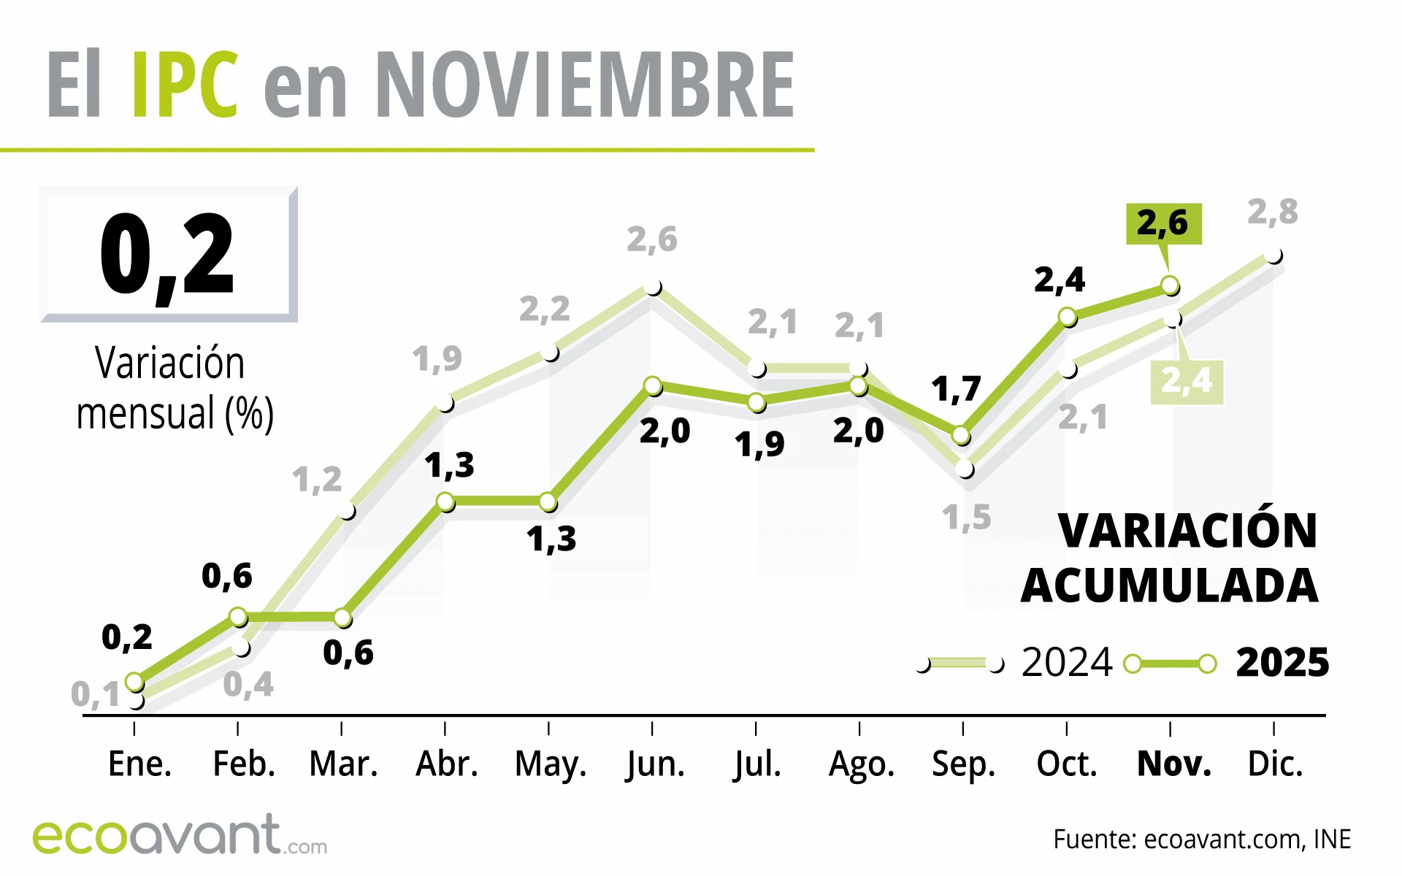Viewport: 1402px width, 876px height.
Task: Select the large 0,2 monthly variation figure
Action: (x=167, y=254)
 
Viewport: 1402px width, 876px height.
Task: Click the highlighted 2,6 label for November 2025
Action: (x=1162, y=223)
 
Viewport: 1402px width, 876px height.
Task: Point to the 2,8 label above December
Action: (x=1272, y=212)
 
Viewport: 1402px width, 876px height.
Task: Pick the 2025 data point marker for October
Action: (x=1067, y=317)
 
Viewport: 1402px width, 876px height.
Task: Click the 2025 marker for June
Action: (x=653, y=385)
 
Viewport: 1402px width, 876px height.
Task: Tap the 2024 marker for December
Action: (x=1273, y=256)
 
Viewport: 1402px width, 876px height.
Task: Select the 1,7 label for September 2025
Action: (x=956, y=389)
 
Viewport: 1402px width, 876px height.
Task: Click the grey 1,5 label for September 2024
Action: (x=966, y=518)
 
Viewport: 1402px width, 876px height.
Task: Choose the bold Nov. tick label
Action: (x=1173, y=764)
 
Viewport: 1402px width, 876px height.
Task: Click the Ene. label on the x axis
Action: (x=139, y=764)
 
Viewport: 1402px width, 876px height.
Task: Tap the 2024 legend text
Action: (x=1066, y=663)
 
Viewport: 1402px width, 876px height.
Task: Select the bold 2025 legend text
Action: (x=1282, y=663)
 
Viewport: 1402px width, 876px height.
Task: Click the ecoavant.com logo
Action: (x=179, y=836)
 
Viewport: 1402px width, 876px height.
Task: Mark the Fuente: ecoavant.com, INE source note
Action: (x=1201, y=839)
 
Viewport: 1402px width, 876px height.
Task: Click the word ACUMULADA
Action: (x=1169, y=585)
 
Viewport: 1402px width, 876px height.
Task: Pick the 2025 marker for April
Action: (x=445, y=502)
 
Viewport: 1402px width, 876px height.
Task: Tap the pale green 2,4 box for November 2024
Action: (x=1187, y=380)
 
